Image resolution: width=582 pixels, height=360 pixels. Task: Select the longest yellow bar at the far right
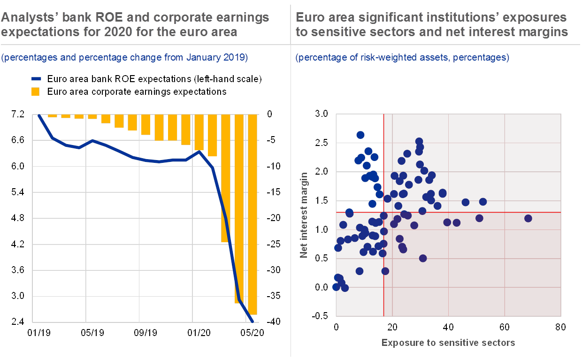(253, 214)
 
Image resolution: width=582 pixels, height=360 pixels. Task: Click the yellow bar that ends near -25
(226, 178)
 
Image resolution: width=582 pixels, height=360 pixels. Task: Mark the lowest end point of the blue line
(253, 322)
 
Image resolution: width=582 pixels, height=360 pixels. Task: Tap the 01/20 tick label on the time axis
(199, 333)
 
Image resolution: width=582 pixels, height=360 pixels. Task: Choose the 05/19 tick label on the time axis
(92, 333)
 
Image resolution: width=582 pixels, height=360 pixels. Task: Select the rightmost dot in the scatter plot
(528, 218)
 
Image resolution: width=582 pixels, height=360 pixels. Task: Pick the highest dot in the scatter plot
(360, 135)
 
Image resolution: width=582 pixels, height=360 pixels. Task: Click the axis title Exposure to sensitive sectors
(448, 343)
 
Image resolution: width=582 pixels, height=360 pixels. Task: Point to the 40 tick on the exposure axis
(448, 326)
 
